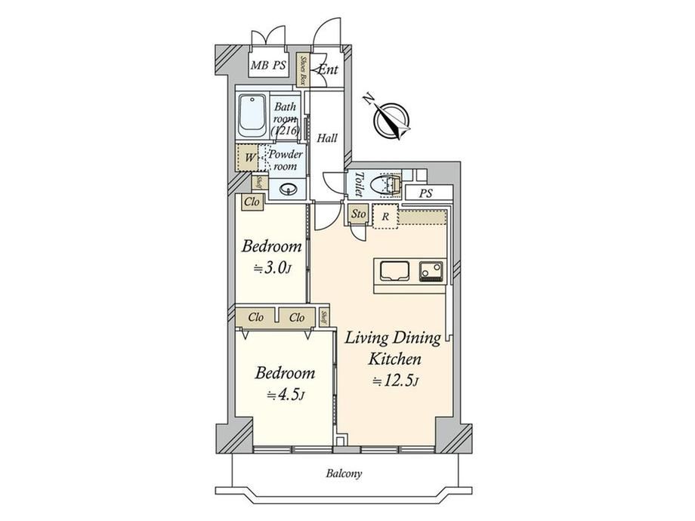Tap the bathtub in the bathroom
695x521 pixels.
[x=252, y=116]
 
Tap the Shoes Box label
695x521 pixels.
[x=303, y=70]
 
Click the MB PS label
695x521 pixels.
[x=267, y=66]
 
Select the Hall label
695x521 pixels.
[x=327, y=138]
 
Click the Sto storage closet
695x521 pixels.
[x=358, y=214]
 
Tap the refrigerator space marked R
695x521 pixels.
[x=385, y=217]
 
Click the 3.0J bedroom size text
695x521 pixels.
[x=272, y=269]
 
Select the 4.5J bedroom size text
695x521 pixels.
[x=285, y=394]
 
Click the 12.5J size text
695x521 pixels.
[x=395, y=381]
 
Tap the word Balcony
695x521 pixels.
[x=344, y=473]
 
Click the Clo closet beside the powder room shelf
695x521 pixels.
[x=252, y=202]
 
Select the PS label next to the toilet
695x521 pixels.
[x=426, y=193]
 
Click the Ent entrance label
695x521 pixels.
[x=329, y=69]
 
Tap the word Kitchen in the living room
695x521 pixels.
[x=394, y=359]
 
